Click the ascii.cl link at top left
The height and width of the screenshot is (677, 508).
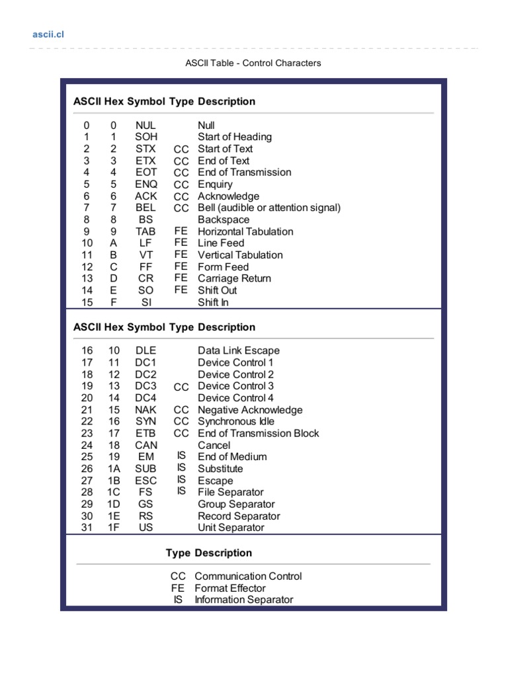pos(49,34)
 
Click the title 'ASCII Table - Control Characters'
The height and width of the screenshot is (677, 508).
pos(253,63)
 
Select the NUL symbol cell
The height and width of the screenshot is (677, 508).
pos(146,125)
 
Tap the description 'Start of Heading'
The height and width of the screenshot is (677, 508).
pos(235,137)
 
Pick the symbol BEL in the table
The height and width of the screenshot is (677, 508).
pos(146,208)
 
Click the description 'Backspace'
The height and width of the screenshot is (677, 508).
pos(224,219)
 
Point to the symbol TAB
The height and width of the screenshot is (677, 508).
pos(146,231)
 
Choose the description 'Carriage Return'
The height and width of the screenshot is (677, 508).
pos(234,278)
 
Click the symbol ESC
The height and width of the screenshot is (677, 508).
pos(146,481)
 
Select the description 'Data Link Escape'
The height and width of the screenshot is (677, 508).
pos(239,350)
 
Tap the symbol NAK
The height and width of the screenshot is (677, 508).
pos(146,410)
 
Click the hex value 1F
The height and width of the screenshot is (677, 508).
pos(114,528)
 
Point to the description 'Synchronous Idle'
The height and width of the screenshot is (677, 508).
pos(236,421)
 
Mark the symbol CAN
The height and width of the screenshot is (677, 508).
pos(146,445)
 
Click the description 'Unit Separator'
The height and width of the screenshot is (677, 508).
pos(231,528)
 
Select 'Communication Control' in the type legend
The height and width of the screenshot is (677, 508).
pos(248,577)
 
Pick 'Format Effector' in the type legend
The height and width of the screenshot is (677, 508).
pos(230,588)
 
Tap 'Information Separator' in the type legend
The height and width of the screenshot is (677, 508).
pos(243,600)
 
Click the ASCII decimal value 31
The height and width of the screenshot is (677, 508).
pos(87,528)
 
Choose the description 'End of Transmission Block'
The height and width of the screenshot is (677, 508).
pos(259,433)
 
